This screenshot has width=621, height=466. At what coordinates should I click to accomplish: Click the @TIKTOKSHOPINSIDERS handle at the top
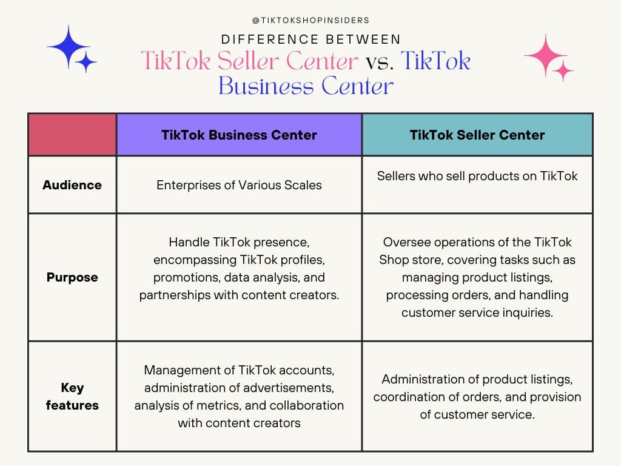(x=310, y=20)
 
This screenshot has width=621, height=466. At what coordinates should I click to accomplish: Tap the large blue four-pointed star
(x=69, y=46)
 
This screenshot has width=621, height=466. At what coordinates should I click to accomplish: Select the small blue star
(x=87, y=62)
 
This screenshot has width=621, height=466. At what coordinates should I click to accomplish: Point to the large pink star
(x=545, y=55)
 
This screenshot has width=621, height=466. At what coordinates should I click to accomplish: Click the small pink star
(x=563, y=71)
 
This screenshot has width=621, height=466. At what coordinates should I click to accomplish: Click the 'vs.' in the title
(x=379, y=61)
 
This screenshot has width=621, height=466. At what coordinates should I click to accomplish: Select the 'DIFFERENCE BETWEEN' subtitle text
(x=310, y=40)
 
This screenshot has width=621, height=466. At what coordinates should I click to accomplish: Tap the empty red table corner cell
(x=72, y=134)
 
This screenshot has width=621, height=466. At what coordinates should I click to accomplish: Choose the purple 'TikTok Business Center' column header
(x=239, y=135)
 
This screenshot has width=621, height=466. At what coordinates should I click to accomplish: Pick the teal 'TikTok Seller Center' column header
(x=477, y=135)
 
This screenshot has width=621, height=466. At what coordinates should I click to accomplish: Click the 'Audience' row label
(x=72, y=185)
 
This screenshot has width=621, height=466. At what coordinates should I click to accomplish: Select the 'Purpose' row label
(x=72, y=277)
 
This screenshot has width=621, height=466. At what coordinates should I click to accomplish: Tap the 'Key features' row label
(x=72, y=396)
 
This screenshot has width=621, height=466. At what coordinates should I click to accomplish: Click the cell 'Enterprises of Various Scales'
(x=239, y=185)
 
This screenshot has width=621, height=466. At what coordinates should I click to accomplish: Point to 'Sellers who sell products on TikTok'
(x=477, y=176)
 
